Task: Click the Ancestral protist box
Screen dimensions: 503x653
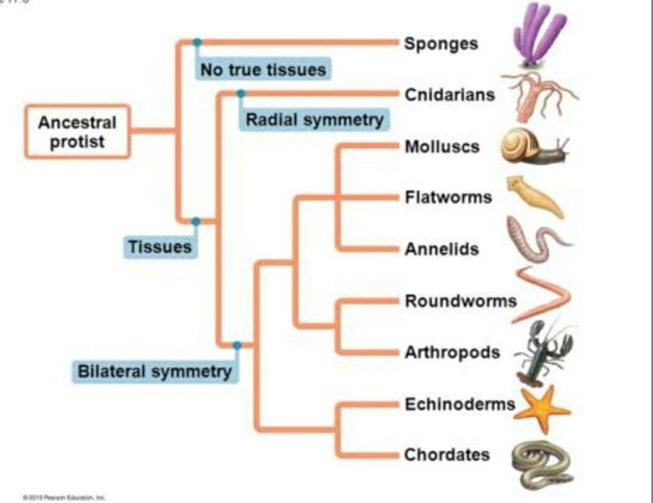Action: [77, 132]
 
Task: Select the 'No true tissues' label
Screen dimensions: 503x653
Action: [263, 69]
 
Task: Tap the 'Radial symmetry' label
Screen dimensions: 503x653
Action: [314, 120]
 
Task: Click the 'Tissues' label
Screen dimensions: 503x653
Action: [160, 247]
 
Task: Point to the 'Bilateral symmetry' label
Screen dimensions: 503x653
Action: [155, 372]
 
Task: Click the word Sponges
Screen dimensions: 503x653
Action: [441, 44]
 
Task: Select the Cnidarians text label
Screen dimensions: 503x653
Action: [449, 95]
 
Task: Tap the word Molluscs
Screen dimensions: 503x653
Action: [442, 146]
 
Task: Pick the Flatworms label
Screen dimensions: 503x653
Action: [448, 197]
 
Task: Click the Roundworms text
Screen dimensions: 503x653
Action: [460, 301]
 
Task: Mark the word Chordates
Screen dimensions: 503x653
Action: [447, 455]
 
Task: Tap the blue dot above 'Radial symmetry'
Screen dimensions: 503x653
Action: [241, 94]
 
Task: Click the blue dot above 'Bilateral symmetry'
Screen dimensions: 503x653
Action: [237, 345]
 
